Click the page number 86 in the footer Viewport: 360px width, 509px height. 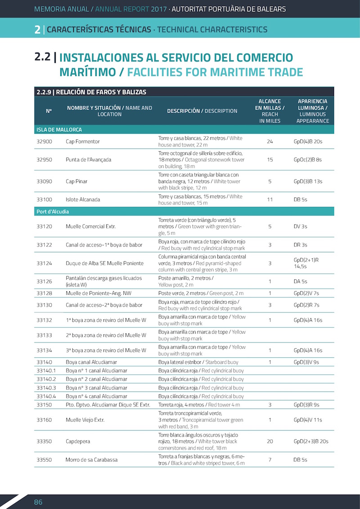(38, 502)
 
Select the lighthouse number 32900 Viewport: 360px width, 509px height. (45, 141)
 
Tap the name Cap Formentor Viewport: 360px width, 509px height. (82, 141)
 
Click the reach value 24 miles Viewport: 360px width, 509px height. (270, 141)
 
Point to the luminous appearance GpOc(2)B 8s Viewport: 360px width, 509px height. (308, 159)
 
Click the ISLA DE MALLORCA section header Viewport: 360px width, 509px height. (59, 130)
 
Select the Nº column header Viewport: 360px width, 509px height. (49, 111)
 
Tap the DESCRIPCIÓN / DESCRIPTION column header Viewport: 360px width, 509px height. (202, 111)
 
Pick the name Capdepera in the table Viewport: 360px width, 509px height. (79, 441)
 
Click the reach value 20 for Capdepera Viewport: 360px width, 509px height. (270, 441)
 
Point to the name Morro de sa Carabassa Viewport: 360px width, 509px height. (92, 459)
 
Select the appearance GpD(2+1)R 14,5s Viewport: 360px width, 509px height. (306, 263)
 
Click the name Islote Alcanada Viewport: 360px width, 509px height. (83, 199)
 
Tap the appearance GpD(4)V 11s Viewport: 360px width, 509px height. (308, 420)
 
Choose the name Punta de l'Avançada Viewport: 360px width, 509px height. (88, 159)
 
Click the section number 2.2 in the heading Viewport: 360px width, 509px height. (42, 58)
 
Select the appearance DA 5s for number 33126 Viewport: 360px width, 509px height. (300, 281)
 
